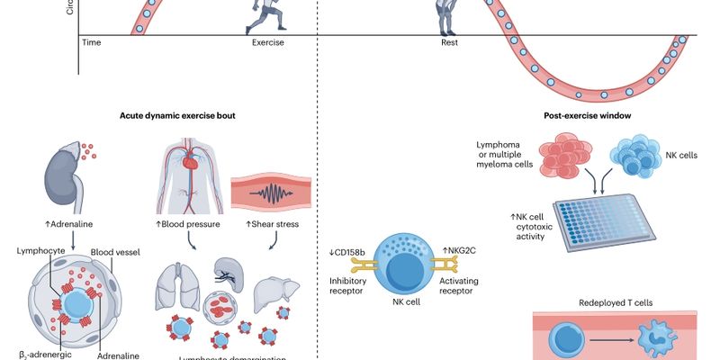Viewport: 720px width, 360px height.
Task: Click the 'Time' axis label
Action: point(92,42)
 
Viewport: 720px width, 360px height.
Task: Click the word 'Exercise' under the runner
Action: point(267,42)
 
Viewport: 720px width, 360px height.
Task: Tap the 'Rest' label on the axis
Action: point(450,42)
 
